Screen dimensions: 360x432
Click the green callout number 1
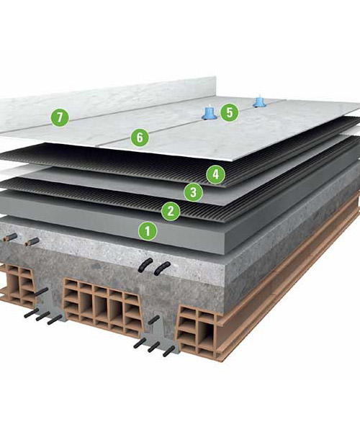tap(148, 230)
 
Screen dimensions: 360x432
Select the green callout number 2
tap(171, 211)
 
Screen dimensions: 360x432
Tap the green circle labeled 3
tap(194, 192)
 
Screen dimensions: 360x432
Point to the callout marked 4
tap(216, 174)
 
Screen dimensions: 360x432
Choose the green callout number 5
tap(230, 112)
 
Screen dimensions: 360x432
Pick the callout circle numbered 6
tap(140, 137)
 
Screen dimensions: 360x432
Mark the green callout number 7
tap(60, 117)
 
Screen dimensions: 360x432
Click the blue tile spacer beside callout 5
tap(210, 114)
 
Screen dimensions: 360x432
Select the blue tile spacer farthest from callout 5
tap(258, 102)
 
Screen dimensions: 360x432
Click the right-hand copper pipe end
tap(32, 242)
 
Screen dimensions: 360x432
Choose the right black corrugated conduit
tap(162, 269)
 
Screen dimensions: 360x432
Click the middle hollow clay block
tap(103, 305)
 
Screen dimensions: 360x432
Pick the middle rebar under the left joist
tap(43, 316)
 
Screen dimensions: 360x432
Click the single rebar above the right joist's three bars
tap(154, 320)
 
